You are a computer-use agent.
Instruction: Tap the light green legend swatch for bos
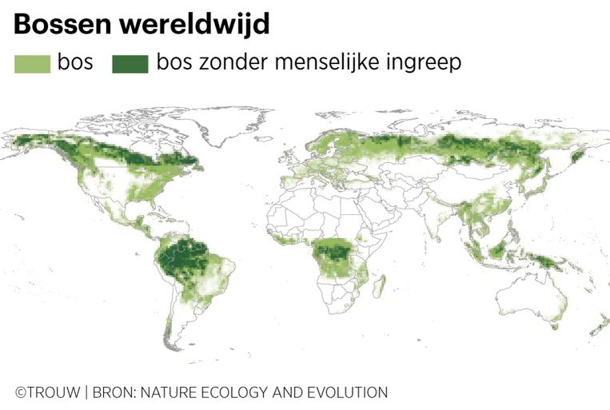(32, 63)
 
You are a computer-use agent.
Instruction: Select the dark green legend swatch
(130, 63)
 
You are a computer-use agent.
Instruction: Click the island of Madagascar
(383, 285)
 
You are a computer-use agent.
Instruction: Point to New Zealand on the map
(596, 328)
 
